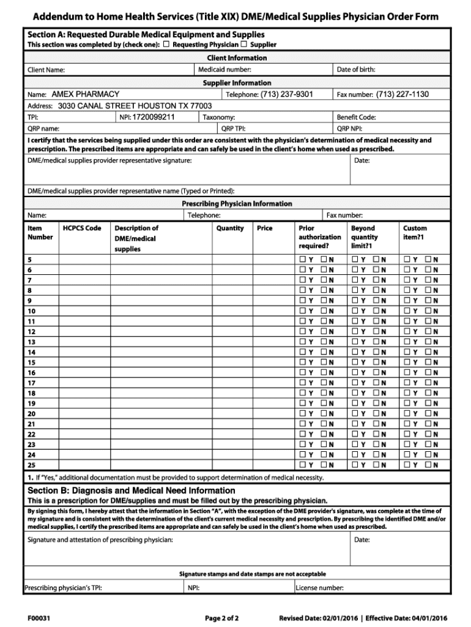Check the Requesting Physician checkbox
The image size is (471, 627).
click(x=166, y=45)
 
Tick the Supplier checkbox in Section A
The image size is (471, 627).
click(x=244, y=45)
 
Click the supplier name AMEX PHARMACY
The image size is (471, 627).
click(x=85, y=94)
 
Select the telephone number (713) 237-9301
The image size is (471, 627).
click(x=286, y=94)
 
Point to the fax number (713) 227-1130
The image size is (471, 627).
click(x=402, y=94)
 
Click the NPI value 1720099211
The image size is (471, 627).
click(x=154, y=117)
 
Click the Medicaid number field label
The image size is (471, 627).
click(x=224, y=70)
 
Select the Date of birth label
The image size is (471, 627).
click(x=356, y=70)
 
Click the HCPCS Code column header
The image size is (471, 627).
click(x=82, y=228)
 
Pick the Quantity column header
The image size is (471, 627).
click(x=230, y=228)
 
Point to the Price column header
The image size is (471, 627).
click(x=265, y=228)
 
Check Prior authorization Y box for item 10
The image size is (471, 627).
click(x=302, y=311)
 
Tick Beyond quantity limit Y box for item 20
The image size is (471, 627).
click(x=355, y=414)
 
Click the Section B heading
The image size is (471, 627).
click(x=132, y=490)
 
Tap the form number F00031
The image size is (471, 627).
click(x=39, y=618)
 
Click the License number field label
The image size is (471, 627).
click(x=319, y=588)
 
